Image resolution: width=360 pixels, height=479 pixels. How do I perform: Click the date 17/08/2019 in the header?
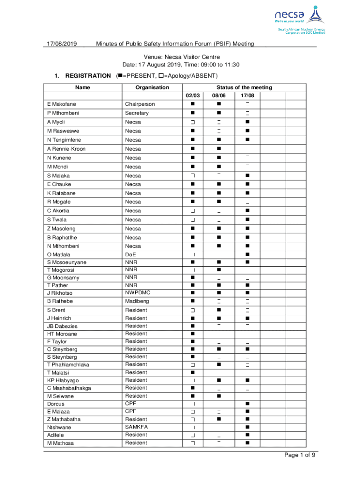point(61,44)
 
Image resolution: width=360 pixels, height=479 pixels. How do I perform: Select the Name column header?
point(82,87)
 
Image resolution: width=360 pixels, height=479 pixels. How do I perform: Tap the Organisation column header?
point(152,87)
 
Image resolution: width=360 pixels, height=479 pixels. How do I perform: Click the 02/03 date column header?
point(193,96)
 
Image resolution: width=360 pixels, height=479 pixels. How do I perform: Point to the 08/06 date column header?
point(218,96)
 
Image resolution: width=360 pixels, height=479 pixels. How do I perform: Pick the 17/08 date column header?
point(247,96)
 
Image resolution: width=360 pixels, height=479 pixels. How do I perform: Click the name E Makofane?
point(61,104)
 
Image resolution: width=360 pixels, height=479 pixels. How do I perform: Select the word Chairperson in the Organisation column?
point(140,104)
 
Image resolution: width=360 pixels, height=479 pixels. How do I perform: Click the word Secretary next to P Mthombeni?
point(137,113)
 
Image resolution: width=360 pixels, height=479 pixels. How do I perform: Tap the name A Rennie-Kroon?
point(66,149)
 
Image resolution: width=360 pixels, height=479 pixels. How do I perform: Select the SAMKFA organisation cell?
point(137,427)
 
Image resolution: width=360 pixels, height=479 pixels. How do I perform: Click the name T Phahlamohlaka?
point(68,365)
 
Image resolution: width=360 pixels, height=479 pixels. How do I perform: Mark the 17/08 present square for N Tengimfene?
point(247,140)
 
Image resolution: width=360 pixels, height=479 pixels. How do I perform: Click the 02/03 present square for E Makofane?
point(193,104)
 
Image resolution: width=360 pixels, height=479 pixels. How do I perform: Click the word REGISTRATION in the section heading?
point(88,76)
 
